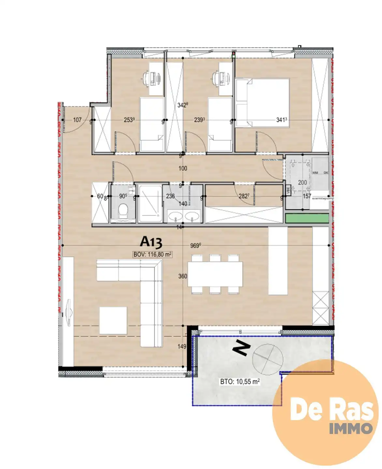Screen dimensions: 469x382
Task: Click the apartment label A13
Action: pyautogui.click(x=151, y=242)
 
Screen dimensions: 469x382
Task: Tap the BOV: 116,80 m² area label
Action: pyautogui.click(x=152, y=254)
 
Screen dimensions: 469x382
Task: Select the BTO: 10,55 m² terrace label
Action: pyautogui.click(x=240, y=381)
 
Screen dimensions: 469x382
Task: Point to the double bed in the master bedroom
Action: pyautogui.click(x=262, y=102)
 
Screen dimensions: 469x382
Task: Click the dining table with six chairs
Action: pyautogui.click(x=215, y=274)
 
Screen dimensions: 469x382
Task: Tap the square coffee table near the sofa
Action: pyautogui.click(x=113, y=320)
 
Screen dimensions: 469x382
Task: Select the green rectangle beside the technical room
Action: pyautogui.click(x=307, y=218)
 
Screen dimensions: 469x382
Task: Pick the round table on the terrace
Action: pyautogui.click(x=268, y=357)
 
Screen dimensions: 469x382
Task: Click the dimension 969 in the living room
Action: pyautogui.click(x=195, y=245)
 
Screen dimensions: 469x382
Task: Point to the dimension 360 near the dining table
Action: pyautogui.click(x=183, y=276)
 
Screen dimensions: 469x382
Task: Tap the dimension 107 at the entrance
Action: pyautogui.click(x=77, y=120)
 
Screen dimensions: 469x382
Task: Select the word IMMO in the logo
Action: pyautogui.click(x=351, y=428)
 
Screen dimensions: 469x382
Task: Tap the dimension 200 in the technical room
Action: pyautogui.click(x=302, y=182)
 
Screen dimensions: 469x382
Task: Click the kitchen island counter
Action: pyautogui.click(x=278, y=261)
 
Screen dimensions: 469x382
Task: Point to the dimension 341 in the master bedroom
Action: pyautogui.click(x=281, y=120)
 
